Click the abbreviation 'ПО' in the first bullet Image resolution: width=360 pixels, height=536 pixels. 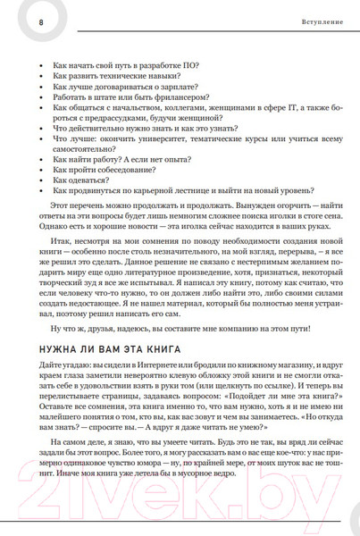click(192, 63)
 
